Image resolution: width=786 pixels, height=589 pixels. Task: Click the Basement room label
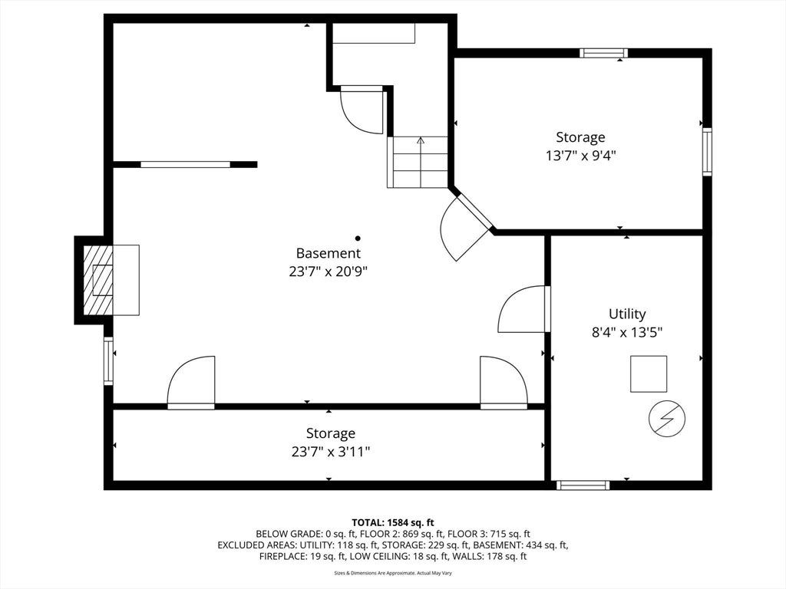click(329, 253)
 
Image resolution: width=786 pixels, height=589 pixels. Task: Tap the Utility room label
click(627, 314)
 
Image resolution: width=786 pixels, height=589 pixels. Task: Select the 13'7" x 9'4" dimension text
click(580, 156)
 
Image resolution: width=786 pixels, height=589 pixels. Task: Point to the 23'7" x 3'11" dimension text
click(331, 452)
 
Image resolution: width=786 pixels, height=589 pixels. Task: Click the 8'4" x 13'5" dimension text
click(627, 333)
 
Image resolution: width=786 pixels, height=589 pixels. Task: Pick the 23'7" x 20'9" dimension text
click(329, 271)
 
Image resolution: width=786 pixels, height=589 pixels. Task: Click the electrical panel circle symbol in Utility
click(667, 419)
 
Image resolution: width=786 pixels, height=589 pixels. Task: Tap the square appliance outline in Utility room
click(649, 374)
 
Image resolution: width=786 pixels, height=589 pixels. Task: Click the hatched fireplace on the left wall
click(97, 281)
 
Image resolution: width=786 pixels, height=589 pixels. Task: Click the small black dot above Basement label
click(358, 239)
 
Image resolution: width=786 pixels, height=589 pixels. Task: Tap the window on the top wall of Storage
click(604, 53)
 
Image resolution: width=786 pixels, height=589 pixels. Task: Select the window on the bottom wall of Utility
click(583, 485)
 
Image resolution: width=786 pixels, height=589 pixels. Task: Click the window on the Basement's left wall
click(108, 361)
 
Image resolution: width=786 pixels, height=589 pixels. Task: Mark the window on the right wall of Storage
click(707, 152)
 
